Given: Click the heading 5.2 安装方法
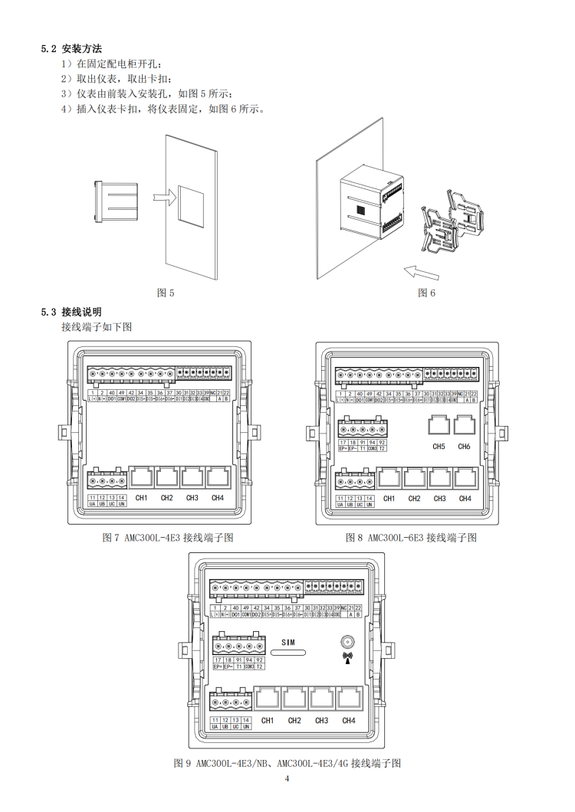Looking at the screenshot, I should [71, 49].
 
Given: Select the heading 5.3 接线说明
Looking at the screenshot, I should [71, 312].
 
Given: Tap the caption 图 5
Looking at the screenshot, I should [166, 293].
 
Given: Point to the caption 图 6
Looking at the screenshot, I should [427, 293].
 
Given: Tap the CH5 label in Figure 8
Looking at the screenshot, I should [439, 446].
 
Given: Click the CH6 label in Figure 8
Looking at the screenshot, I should [464, 446].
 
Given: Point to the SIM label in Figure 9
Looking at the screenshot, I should [288, 642].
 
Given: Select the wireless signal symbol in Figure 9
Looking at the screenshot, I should [347, 658].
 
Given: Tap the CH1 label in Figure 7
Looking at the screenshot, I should [141, 498].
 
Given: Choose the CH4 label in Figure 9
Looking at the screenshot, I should [349, 720].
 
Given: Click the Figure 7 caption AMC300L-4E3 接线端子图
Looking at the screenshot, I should [168, 538].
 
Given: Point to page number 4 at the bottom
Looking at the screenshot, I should [287, 780].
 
